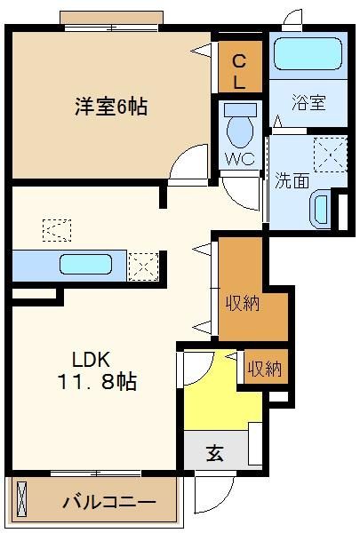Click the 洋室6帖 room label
(x=111, y=107)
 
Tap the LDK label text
(x=91, y=359)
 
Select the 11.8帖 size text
(x=97, y=381)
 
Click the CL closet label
(x=239, y=71)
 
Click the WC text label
(x=240, y=158)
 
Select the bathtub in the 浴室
(x=308, y=53)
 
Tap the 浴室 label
(x=308, y=102)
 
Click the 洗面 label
(x=292, y=180)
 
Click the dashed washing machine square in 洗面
(x=330, y=155)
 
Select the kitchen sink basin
(x=85, y=264)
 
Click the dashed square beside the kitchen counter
(x=143, y=266)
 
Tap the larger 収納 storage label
(x=243, y=303)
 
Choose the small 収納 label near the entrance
(x=264, y=368)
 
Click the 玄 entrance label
(x=215, y=453)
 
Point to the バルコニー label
(x=108, y=502)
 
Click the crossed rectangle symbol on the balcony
(x=21, y=499)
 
